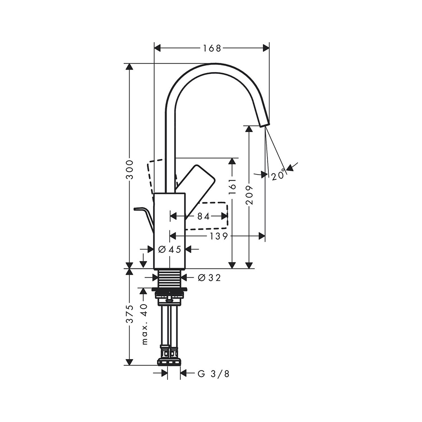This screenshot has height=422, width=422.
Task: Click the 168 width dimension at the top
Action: point(212,48)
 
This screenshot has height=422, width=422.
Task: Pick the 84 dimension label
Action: point(203,216)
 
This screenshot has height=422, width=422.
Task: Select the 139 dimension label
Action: point(219,236)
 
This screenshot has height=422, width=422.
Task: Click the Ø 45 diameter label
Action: point(170,249)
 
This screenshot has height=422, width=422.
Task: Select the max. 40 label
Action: point(145,324)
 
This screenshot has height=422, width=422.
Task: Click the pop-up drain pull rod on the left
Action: point(143,215)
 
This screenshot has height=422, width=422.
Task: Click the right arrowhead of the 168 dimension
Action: point(266,48)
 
